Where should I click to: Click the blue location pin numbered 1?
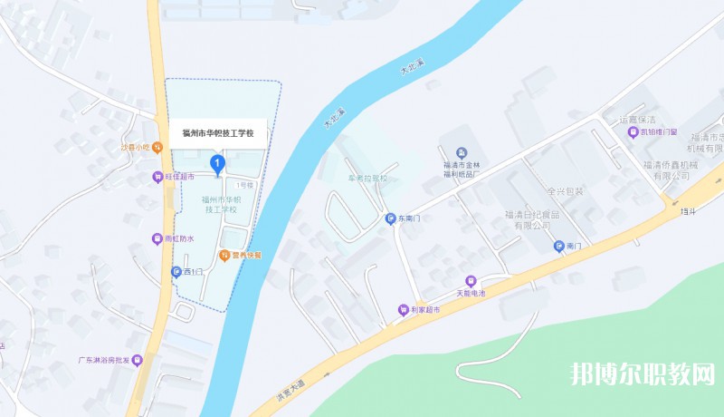click(x=217, y=163)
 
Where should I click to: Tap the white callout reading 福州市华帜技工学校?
click(x=218, y=133)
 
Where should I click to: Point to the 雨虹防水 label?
click(x=178, y=239)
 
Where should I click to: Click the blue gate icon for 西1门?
click(x=176, y=271)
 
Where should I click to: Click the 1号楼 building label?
click(x=244, y=184)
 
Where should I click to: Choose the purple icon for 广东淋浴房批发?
click(x=137, y=360)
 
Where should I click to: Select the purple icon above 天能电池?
click(x=470, y=280)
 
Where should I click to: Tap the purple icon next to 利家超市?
click(x=403, y=310)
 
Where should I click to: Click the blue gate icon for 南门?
click(x=559, y=246)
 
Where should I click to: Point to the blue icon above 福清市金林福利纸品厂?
click(x=462, y=151)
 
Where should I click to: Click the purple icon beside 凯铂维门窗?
click(x=633, y=132)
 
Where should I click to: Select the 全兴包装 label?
click(x=566, y=191)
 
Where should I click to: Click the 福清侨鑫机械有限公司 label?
click(x=672, y=170)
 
